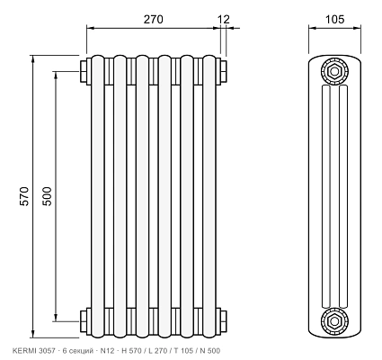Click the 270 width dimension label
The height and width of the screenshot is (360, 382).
pos(154,19)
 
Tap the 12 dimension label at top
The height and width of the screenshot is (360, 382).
pos(224,19)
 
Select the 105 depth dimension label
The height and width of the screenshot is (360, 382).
pos(334,19)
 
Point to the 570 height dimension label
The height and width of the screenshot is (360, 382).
pos(24,196)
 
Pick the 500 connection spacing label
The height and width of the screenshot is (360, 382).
pos(47,196)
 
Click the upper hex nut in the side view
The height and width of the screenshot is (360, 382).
pos(334,71)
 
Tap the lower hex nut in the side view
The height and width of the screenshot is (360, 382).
pos(334,320)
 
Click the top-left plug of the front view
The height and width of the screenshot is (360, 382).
pos(84,71)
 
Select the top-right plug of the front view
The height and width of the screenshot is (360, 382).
pos(224,71)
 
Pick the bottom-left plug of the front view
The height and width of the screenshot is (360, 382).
pos(84,320)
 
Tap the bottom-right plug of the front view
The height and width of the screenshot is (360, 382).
pos(224,320)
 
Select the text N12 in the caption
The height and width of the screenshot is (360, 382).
pos(107,351)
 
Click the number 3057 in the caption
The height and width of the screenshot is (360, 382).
pos(47,351)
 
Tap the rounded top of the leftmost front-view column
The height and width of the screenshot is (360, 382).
pos(98,58)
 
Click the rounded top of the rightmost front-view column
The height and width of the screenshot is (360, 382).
pos(209,58)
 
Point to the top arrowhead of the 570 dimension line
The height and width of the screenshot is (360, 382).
pos(33,58)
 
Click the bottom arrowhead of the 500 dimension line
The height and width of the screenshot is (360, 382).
pos(56,318)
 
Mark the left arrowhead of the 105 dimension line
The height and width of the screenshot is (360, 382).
pos(313,28)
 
